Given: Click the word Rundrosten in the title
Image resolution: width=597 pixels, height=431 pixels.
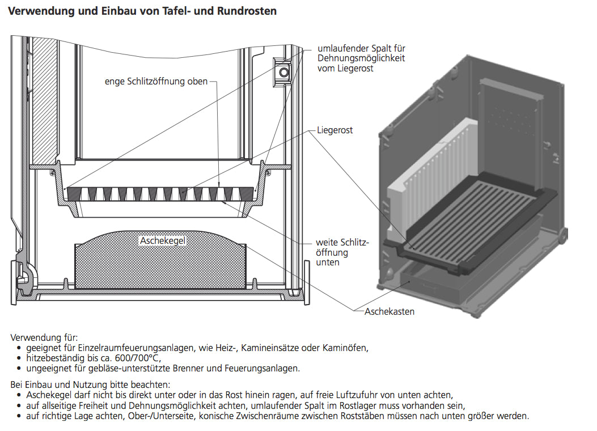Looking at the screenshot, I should [247, 11].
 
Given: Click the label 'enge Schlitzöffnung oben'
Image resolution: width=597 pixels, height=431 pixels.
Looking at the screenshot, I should [156, 81].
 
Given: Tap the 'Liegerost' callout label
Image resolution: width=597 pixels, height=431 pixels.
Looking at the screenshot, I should [335, 130].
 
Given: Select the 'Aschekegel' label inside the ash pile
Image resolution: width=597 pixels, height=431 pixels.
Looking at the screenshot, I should [163, 241].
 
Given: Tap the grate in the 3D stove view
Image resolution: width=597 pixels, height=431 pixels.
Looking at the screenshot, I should [471, 216].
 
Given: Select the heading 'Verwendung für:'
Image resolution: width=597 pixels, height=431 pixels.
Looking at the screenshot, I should [44, 338].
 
